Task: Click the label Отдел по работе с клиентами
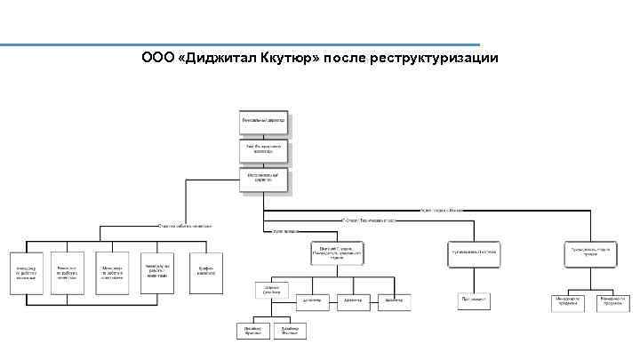tap(185, 226)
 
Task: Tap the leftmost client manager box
tap(27, 274)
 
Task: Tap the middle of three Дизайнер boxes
tap(352, 301)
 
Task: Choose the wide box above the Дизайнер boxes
tap(338, 252)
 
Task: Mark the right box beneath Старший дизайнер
tap(291, 330)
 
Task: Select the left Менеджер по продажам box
tap(568, 301)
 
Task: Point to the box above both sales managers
tap(588, 252)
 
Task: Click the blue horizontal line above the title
tap(240, 45)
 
